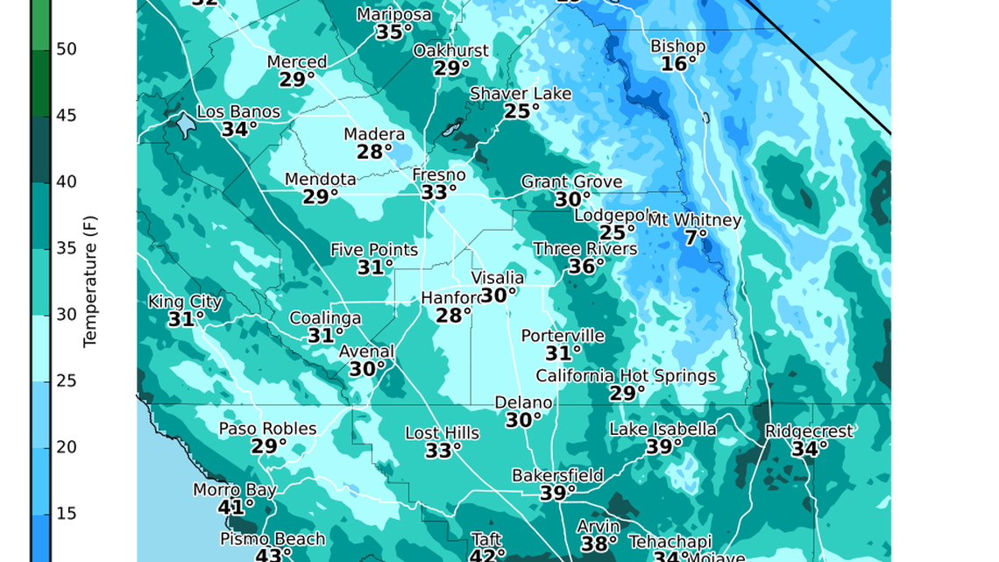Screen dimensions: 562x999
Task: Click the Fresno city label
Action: (x=438, y=175)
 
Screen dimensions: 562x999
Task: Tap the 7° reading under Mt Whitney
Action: (x=696, y=238)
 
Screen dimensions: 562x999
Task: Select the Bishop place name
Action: (x=677, y=46)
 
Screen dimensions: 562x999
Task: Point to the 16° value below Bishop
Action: (x=678, y=64)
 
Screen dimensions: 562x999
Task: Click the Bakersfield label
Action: (x=557, y=475)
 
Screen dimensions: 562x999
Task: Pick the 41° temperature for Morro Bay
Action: (x=236, y=507)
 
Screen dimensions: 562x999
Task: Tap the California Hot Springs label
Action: (x=626, y=376)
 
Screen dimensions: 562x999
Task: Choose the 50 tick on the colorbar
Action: (x=67, y=49)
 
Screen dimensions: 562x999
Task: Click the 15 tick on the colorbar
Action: (x=67, y=513)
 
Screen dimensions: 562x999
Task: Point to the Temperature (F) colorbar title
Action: (x=90, y=281)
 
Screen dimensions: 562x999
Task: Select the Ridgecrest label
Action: (x=808, y=431)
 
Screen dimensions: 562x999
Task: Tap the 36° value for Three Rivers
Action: (x=585, y=267)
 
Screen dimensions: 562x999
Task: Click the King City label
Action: (x=185, y=302)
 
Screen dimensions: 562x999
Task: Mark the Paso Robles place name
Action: (x=267, y=429)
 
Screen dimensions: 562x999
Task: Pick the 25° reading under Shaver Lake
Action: (x=521, y=111)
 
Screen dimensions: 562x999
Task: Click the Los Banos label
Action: (x=238, y=112)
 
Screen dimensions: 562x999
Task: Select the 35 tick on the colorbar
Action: (x=67, y=248)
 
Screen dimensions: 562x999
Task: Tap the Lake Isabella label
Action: (x=662, y=429)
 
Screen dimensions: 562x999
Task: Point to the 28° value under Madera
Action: (x=374, y=152)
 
